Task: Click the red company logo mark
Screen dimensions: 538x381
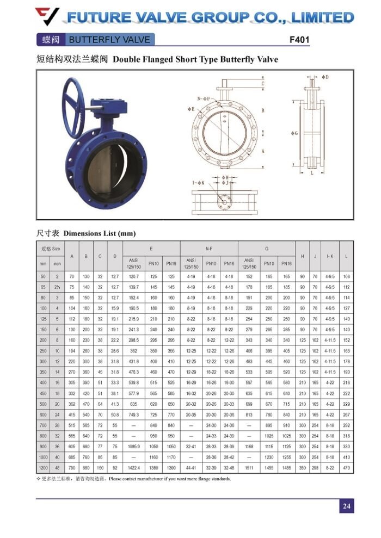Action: (47, 16)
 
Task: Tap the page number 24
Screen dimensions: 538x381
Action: (346, 506)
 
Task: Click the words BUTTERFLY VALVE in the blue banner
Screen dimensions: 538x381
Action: (109, 40)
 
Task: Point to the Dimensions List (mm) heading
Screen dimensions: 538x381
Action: (100, 233)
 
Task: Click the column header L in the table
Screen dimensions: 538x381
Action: (346, 256)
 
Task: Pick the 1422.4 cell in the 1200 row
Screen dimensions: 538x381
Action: (134, 467)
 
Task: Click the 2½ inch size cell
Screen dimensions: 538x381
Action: (57, 286)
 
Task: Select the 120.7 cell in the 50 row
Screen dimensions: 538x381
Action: (134, 276)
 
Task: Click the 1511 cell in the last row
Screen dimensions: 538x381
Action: (249, 467)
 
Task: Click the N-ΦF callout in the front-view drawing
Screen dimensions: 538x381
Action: (204, 98)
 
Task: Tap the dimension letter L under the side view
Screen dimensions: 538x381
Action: (311, 174)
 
